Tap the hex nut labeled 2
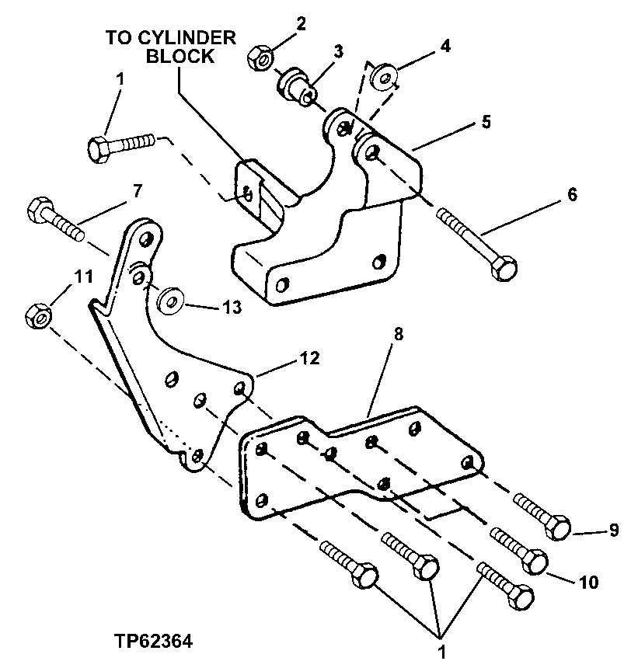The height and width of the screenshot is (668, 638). pos(259,58)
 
